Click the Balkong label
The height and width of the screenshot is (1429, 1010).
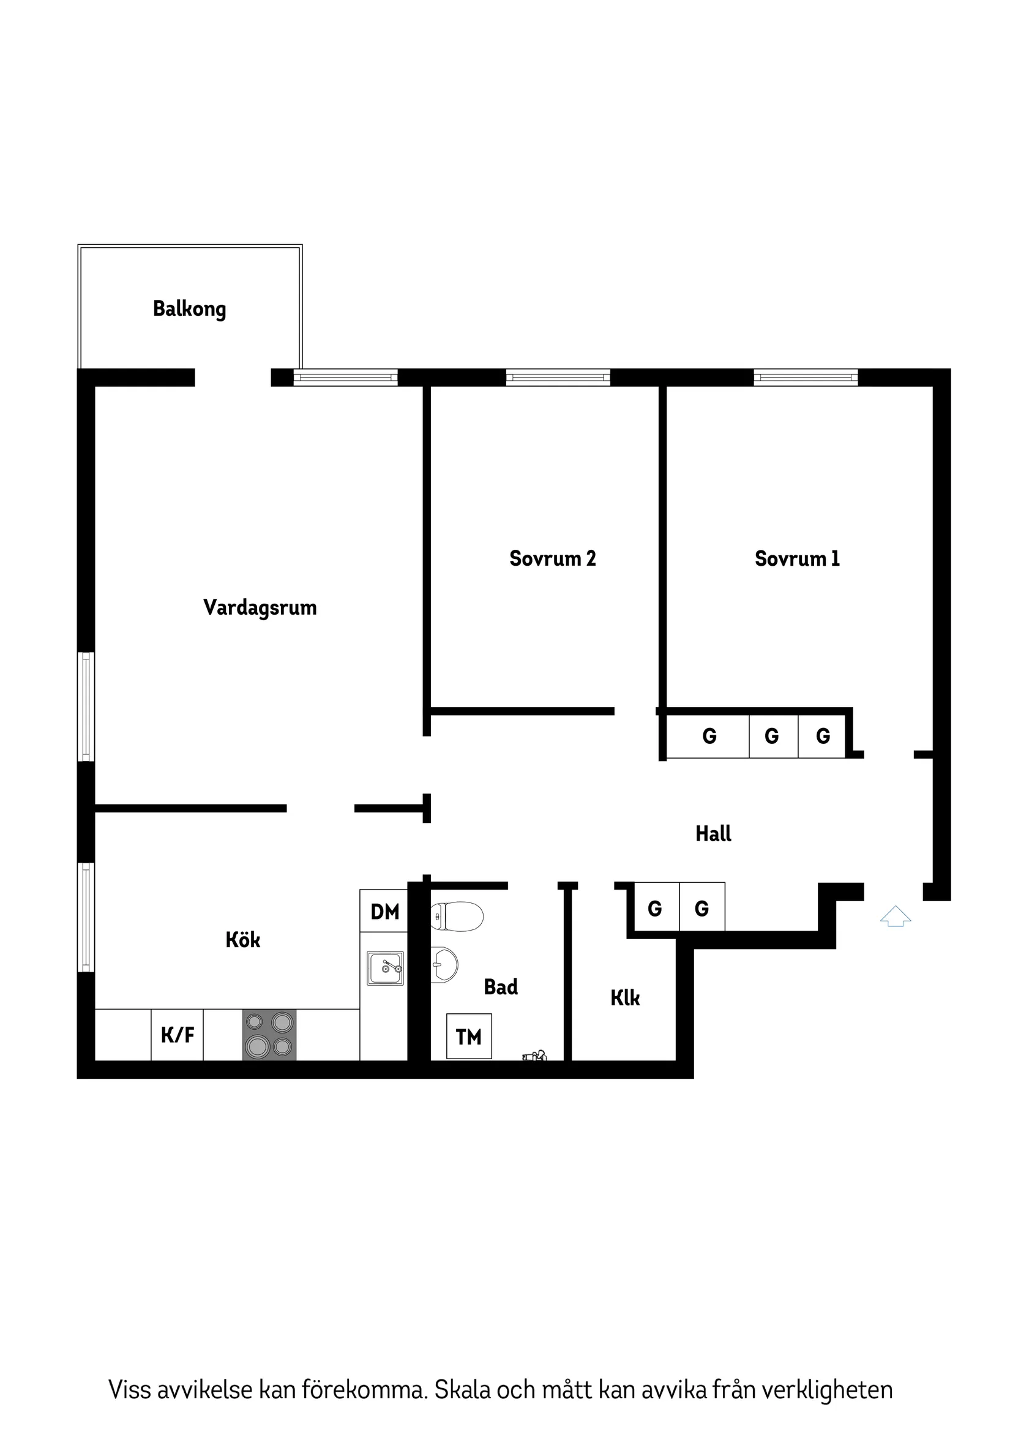click(x=189, y=309)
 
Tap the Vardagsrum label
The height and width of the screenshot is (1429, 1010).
click(x=260, y=607)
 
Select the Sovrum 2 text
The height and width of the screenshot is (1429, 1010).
click(x=552, y=558)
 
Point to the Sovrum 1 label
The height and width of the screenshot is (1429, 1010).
click(x=796, y=558)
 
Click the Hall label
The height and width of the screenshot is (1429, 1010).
click(x=713, y=833)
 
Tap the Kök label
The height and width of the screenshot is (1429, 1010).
click(x=242, y=939)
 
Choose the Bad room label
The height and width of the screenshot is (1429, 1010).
click(x=500, y=986)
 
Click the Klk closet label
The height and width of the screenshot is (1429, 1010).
click(x=625, y=998)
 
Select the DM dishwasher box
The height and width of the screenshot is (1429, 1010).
click(x=384, y=912)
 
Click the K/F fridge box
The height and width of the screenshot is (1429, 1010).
click(x=178, y=1035)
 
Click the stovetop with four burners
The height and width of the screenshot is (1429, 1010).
click(x=269, y=1035)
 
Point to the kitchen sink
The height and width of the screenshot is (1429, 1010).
click(x=385, y=968)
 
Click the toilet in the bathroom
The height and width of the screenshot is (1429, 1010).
click(x=457, y=916)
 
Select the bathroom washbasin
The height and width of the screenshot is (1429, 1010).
click(x=444, y=966)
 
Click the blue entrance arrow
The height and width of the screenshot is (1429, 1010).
click(x=895, y=916)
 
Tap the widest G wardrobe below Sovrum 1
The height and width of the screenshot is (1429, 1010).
click(x=708, y=737)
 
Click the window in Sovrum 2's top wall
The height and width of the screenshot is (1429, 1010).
click(x=558, y=377)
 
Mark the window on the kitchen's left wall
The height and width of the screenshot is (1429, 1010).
click(x=86, y=917)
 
